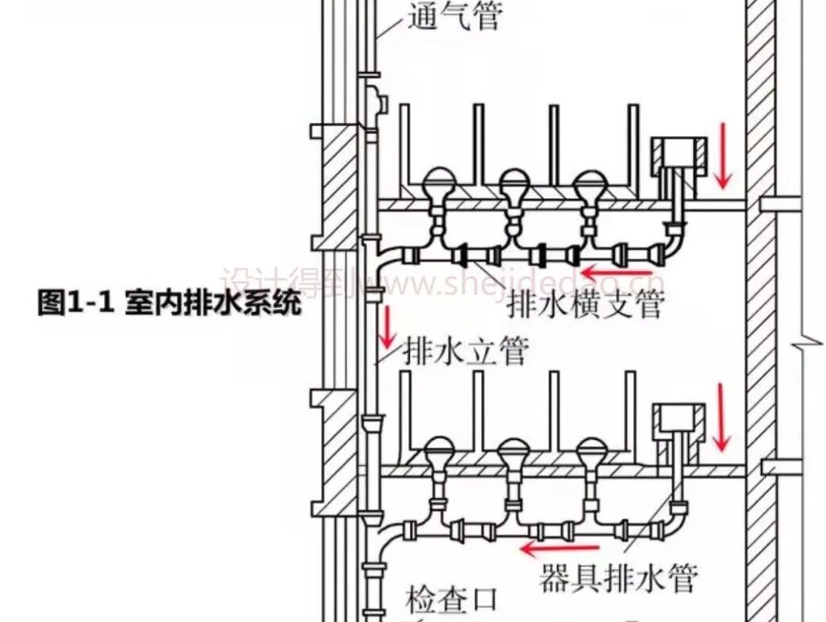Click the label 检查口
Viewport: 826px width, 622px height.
coord(454,600)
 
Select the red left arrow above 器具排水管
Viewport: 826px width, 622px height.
coord(560,547)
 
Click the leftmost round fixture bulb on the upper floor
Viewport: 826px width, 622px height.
coord(438,185)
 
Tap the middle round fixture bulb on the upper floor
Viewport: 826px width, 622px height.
coord(514,185)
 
